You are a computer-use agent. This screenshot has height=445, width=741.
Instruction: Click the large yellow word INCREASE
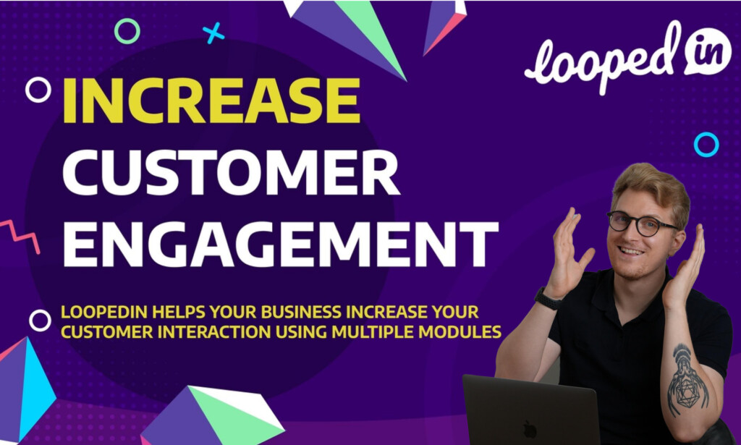(211, 100)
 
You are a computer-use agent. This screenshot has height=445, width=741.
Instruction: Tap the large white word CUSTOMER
(232, 172)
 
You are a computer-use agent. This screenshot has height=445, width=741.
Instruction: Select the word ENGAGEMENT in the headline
(281, 245)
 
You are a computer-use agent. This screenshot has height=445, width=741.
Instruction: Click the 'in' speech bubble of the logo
(708, 51)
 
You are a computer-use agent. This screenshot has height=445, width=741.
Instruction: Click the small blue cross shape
(213, 33)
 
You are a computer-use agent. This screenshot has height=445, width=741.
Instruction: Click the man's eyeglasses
(640, 224)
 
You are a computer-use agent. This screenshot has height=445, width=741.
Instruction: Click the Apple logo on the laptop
(530, 429)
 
